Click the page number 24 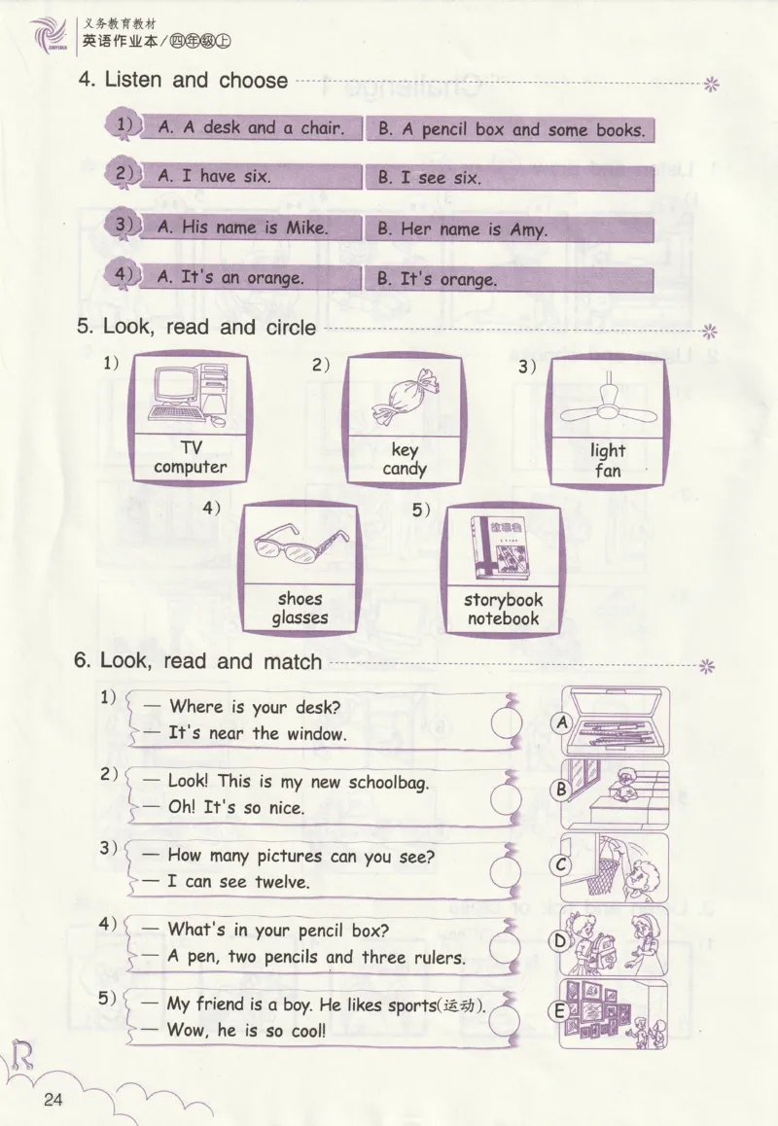[53, 1100]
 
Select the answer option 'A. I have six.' [214, 176]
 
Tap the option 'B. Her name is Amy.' [463, 229]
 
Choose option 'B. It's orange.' [438, 279]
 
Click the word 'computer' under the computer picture [191, 468]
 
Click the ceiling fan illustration [608, 405]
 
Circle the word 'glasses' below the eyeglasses [300, 618]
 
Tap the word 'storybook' [503, 600]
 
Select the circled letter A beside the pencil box [562, 722]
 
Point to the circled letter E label [559, 1012]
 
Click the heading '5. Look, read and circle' [196, 327]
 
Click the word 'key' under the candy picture [405, 450]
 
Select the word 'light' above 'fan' [608, 451]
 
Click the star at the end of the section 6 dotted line [707, 666]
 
